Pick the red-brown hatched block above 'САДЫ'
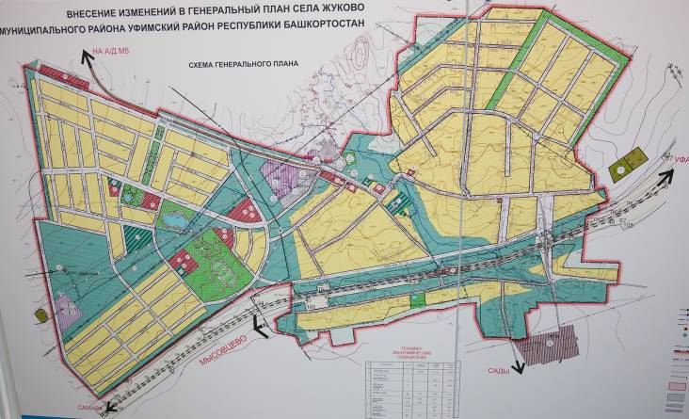tap(548, 347)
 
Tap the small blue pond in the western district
tap(175, 221)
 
